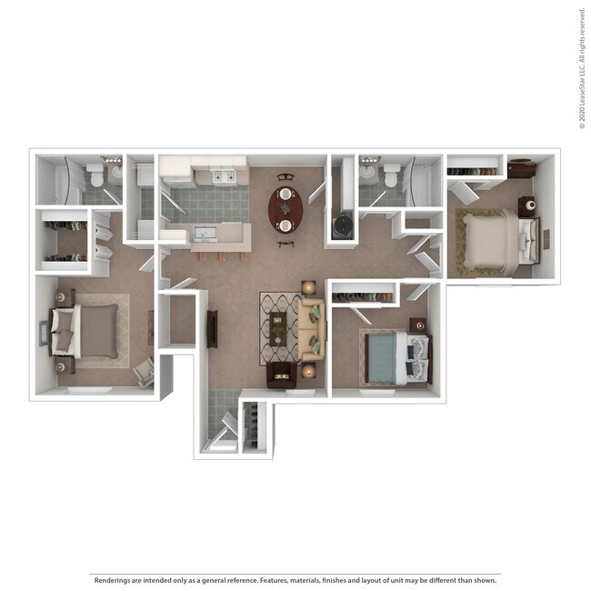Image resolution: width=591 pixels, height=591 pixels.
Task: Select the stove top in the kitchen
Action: pos(224,175)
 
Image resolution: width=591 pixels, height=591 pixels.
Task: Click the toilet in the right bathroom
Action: pos(391,175)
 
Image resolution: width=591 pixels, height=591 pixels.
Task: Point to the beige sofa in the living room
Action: pos(312,328)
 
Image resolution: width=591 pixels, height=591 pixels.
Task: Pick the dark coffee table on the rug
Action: pos(277,328)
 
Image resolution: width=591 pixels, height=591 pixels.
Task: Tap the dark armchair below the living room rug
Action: pos(281,375)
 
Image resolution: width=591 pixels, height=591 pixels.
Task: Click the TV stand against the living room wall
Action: pos(212,329)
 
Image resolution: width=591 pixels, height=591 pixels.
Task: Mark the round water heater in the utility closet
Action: pos(342,225)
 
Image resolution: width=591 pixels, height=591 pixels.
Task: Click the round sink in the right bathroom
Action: pos(367,171)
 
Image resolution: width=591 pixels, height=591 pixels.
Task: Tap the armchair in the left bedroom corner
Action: pos(144,371)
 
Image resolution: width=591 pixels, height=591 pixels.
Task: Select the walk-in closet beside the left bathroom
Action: pos(64,240)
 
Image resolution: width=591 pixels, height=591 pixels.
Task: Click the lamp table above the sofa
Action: pos(308,287)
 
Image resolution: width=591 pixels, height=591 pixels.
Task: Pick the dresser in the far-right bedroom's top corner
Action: pos(521,168)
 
